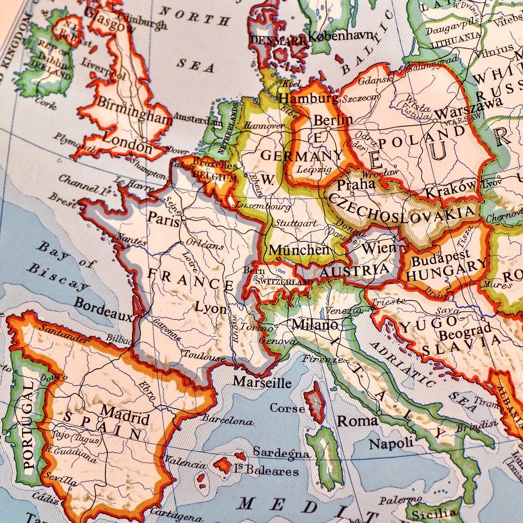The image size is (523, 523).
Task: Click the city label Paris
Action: tap(164, 218)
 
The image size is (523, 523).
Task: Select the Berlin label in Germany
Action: tap(333, 120)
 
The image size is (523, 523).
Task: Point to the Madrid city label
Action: tap(125, 415)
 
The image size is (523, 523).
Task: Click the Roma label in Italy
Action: tap(357, 421)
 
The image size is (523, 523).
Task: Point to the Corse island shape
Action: tap(316, 402)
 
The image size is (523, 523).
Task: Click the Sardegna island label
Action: tap(281, 452)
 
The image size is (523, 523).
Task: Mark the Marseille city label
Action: tap(262, 381)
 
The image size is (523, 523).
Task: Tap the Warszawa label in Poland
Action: tap(468, 108)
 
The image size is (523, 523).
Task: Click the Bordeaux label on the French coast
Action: tap(103, 310)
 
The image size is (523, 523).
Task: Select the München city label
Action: tap(299, 250)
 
